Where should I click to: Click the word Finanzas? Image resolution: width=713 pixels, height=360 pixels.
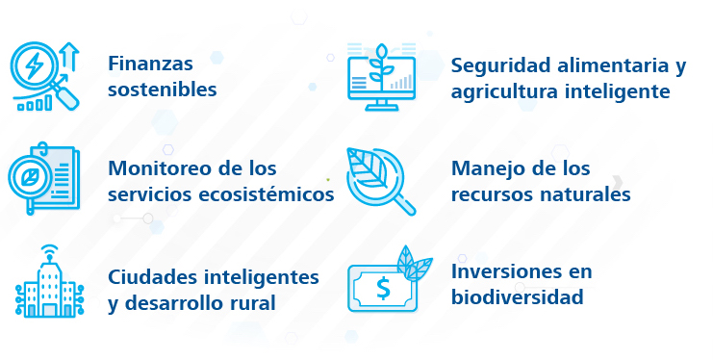[x=150, y=64]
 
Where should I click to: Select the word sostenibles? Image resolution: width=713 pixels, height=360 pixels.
[x=163, y=90]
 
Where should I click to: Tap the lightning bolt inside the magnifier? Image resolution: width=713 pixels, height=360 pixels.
[x=33, y=66]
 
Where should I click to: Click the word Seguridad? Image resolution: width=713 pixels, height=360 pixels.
[x=500, y=65]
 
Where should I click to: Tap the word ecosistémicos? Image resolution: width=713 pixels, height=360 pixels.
[x=267, y=194]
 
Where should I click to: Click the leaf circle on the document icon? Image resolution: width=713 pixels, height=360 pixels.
[x=30, y=178]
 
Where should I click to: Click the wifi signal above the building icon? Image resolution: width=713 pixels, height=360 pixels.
[x=50, y=251]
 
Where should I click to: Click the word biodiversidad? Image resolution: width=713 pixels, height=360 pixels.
[x=517, y=297]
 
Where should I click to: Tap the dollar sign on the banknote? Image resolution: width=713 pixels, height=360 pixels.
[x=383, y=289]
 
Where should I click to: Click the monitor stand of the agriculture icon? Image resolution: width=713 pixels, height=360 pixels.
[x=381, y=105]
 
